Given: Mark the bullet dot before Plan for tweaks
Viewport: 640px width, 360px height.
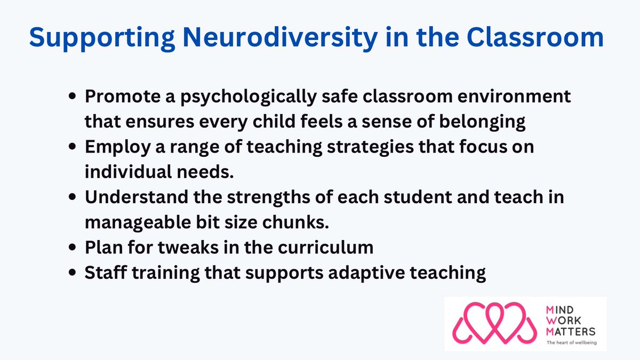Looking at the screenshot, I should pos(74,248).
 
